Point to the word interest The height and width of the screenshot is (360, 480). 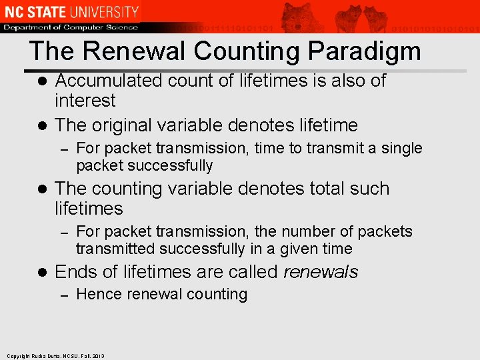point(85,101)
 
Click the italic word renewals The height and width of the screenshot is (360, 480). point(321,272)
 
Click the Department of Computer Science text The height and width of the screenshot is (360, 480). point(70,27)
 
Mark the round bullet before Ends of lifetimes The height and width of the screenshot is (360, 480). point(41,273)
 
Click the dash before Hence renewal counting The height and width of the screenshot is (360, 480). point(65,295)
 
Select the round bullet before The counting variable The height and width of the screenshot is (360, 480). point(41,189)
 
